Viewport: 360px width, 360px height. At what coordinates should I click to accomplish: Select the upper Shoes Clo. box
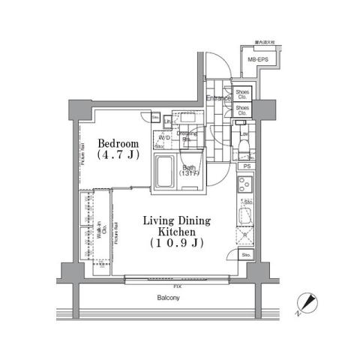click(243, 94)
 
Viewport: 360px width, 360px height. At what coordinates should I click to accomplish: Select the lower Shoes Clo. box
click(243, 110)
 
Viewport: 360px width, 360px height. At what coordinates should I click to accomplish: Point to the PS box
click(246, 166)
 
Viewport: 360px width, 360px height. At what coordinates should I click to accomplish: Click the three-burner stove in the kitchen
click(245, 184)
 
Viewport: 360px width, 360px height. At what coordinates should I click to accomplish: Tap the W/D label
click(163, 138)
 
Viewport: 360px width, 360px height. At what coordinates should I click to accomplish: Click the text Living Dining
click(178, 220)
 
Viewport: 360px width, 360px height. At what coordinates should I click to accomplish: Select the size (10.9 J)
click(178, 244)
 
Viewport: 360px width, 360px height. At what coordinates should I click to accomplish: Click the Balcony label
click(168, 298)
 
